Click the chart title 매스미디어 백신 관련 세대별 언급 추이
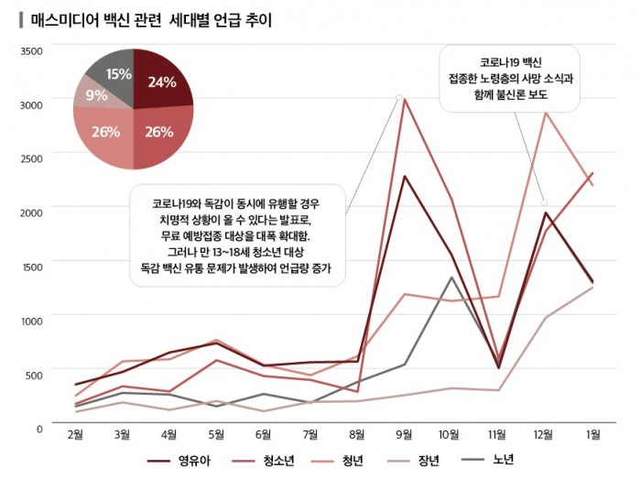(151, 19)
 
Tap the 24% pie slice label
(161, 82)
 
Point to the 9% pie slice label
(96, 94)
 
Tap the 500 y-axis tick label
(34, 374)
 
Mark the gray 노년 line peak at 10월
(451, 277)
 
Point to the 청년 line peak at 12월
(545, 113)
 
